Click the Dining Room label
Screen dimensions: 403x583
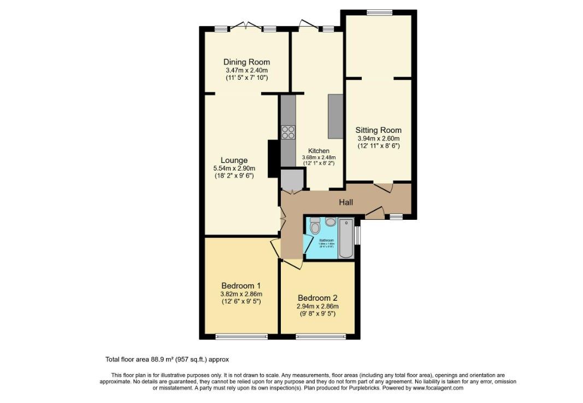coord(246,62)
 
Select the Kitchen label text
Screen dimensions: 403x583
coord(319,151)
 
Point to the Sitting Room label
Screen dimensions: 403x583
coord(378,130)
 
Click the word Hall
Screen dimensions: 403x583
coord(345,202)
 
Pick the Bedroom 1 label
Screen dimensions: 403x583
coord(240,285)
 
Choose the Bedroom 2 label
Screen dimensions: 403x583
coord(317,298)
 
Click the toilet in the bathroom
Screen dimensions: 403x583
coord(314,225)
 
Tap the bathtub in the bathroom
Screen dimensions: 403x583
coord(346,238)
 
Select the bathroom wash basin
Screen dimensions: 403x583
coord(331,222)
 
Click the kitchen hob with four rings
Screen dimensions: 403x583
coord(288,132)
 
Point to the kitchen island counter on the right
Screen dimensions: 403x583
coord(335,116)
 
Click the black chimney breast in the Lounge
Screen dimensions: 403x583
coord(272,159)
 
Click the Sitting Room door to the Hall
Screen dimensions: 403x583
coord(383,187)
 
